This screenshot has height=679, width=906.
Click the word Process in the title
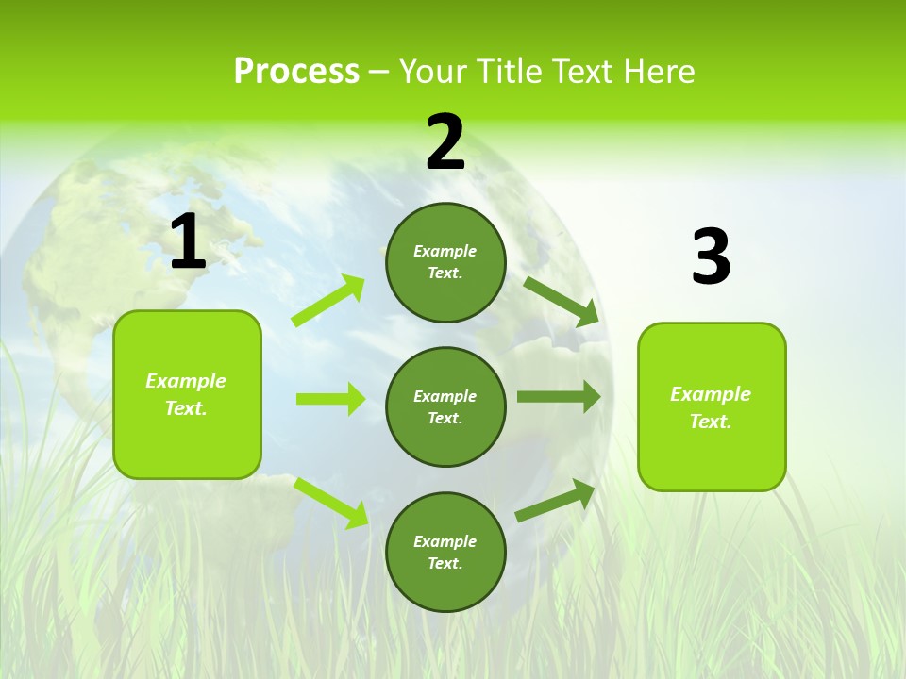click(296, 72)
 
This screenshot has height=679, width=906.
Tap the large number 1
click(188, 243)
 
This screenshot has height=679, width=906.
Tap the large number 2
click(445, 142)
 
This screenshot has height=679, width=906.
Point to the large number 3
click(711, 257)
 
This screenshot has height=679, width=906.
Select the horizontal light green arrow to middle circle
click(330, 399)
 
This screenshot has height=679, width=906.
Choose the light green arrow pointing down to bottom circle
click(330, 502)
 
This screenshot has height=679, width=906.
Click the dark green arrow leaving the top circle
click(562, 301)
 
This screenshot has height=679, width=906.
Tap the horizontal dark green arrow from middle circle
click(559, 397)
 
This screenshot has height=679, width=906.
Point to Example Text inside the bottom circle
click(445, 552)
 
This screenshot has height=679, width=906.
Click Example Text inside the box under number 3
click(711, 407)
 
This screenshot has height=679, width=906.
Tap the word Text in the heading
click(580, 72)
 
